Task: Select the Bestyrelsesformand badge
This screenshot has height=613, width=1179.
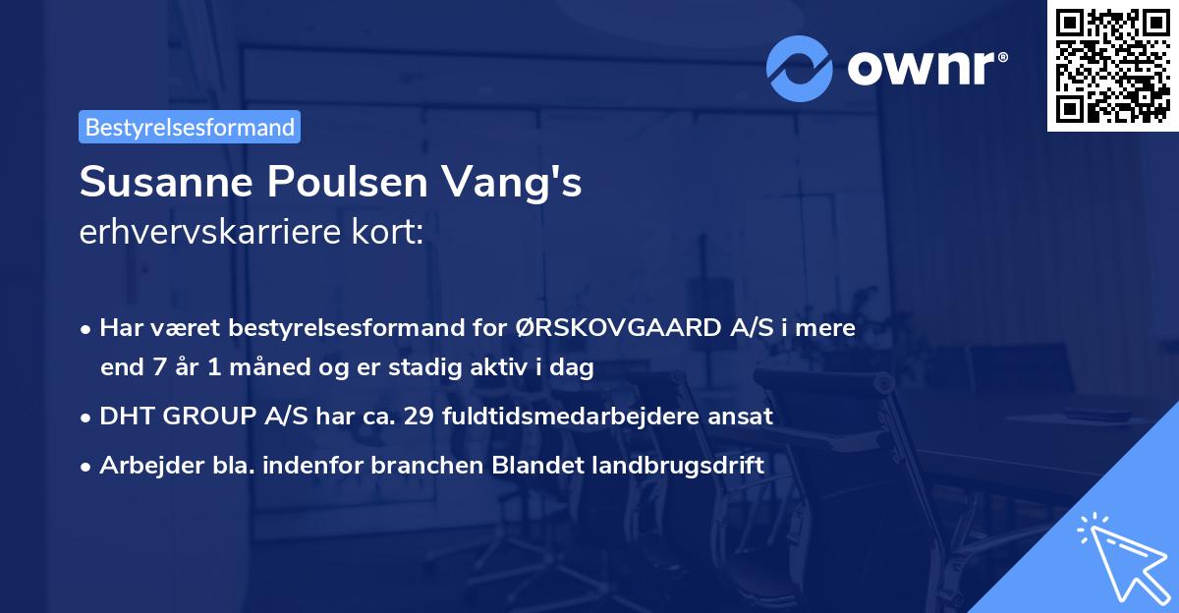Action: [190, 127]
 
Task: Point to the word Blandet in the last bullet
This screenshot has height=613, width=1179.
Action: [541, 466]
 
